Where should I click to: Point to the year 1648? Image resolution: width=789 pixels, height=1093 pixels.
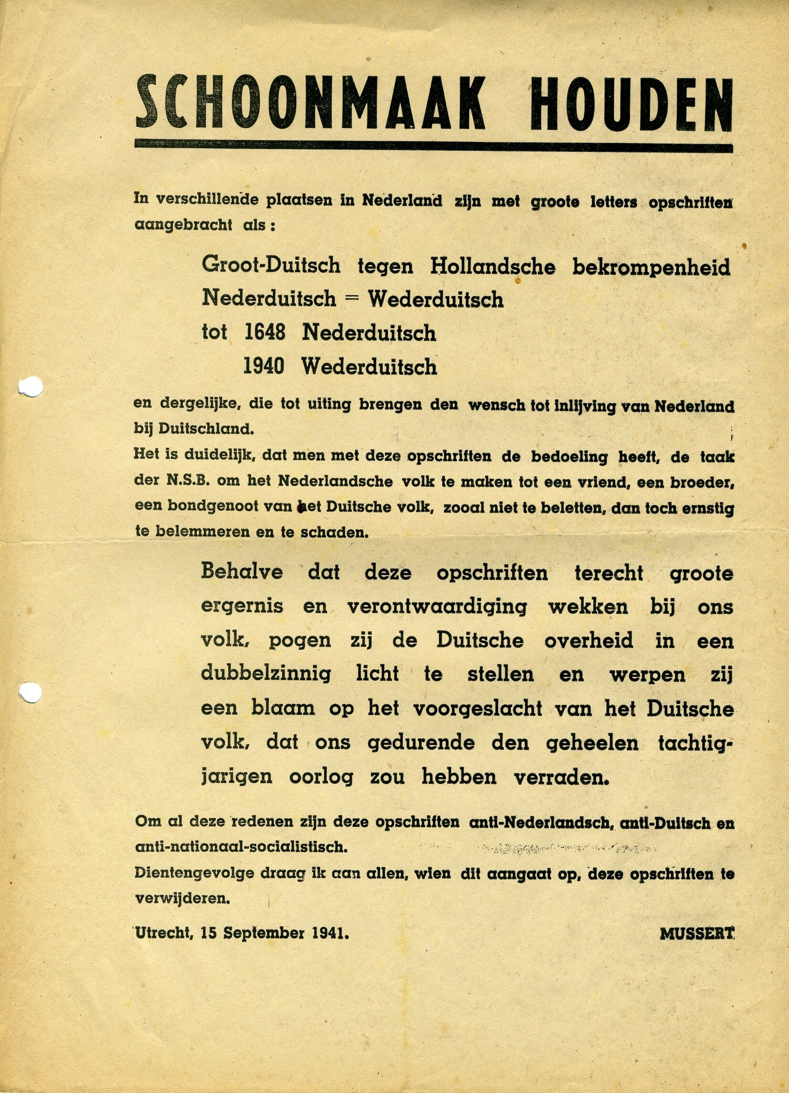(265, 332)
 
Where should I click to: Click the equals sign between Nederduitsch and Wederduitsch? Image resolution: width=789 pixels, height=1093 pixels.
(352, 299)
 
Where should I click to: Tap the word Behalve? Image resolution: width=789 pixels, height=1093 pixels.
(242, 572)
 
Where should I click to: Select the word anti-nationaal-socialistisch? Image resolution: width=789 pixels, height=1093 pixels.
(241, 847)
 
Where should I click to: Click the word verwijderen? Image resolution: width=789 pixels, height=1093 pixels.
(183, 899)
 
